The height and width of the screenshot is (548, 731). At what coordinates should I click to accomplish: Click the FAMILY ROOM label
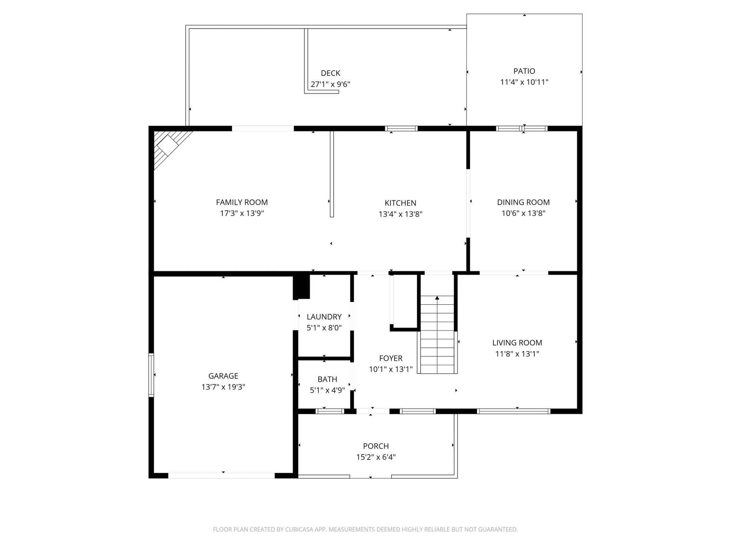(242, 202)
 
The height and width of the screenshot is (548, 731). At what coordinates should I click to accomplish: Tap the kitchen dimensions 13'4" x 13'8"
(400, 214)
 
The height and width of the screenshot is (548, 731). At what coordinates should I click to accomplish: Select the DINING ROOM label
(523, 202)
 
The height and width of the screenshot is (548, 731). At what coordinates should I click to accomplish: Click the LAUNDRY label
(324, 317)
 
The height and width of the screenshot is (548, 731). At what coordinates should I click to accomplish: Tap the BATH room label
(327, 379)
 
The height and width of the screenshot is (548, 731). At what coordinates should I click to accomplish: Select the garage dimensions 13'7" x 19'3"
(223, 387)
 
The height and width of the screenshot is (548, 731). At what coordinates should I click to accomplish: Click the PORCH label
(376, 446)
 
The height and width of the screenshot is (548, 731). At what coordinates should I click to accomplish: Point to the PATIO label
(524, 71)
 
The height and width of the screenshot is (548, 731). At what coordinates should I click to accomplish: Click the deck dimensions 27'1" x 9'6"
(330, 84)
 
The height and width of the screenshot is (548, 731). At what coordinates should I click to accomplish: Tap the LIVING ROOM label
(517, 343)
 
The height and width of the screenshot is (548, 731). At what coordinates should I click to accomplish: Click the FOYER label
(391, 358)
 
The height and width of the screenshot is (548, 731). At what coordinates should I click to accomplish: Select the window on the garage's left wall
(151, 375)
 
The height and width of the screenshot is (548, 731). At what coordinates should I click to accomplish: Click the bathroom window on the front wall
(330, 411)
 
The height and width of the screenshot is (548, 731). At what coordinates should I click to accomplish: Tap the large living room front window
(514, 411)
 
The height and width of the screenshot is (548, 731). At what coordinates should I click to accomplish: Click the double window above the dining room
(522, 128)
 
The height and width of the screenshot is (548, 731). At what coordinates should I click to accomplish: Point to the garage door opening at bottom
(221, 475)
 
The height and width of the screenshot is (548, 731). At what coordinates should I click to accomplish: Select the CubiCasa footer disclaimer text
(365, 529)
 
